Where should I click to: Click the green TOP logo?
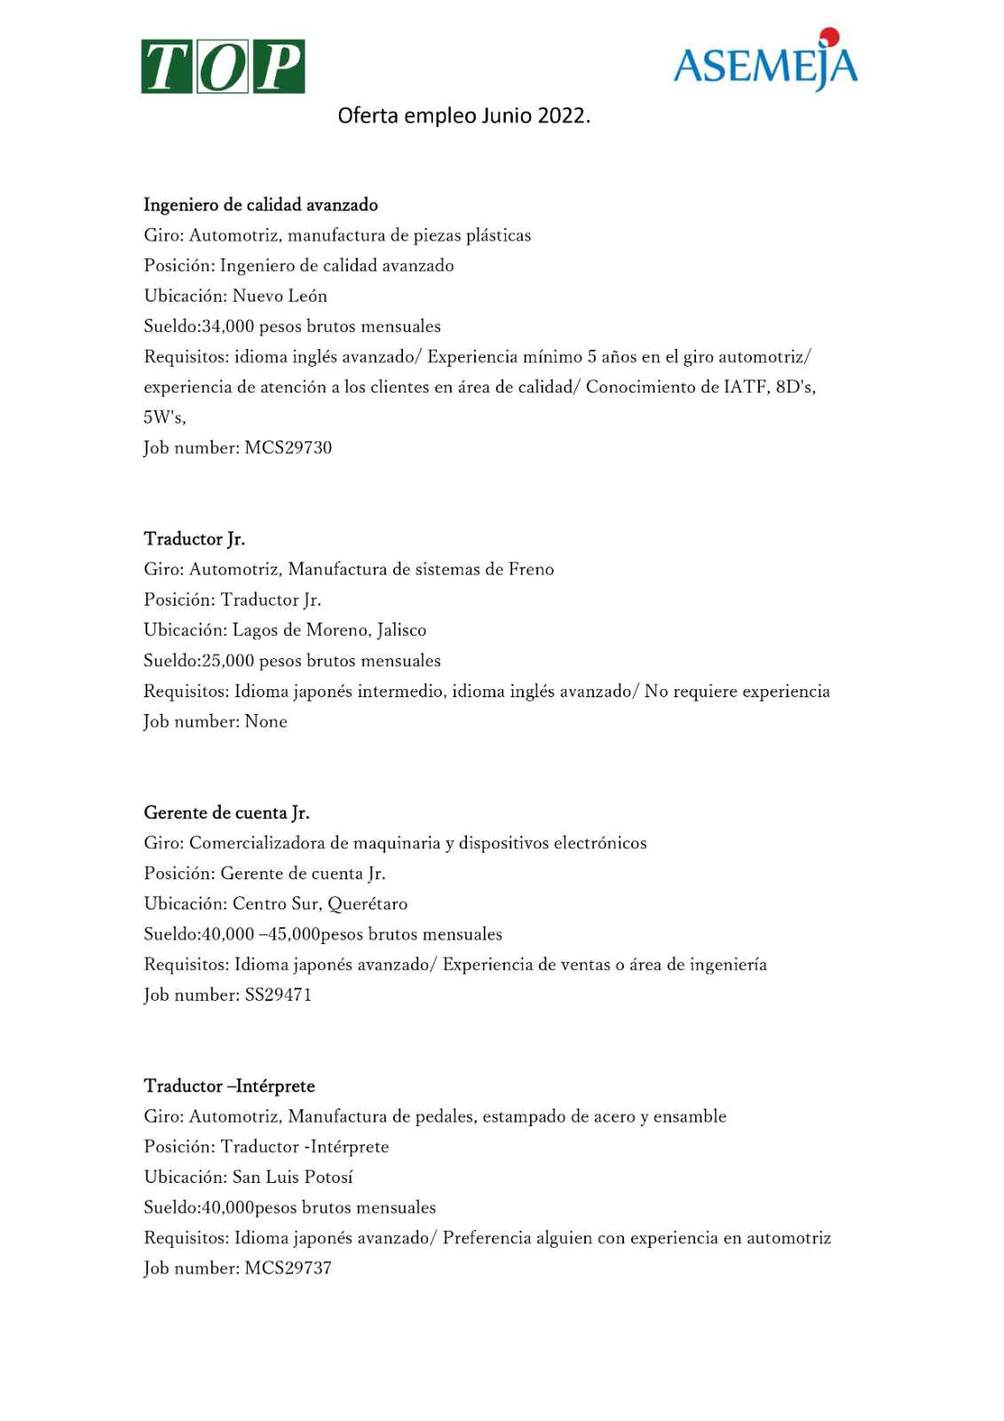[x=223, y=67]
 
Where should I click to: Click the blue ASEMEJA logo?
[x=765, y=62]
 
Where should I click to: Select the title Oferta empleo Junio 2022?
[x=463, y=115]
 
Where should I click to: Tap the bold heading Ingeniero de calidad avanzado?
[x=261, y=205]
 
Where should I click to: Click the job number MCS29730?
[x=289, y=448]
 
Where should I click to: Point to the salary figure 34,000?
[x=229, y=327]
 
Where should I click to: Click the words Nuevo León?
[x=280, y=296]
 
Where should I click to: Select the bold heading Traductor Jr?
[x=194, y=539]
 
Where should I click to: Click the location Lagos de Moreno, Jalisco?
[x=329, y=631]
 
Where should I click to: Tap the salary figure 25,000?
[x=229, y=661]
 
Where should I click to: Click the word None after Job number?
[x=266, y=722]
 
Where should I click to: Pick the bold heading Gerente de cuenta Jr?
[x=226, y=813]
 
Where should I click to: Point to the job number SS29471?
[x=278, y=996]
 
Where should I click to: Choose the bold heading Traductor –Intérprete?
[x=229, y=1086]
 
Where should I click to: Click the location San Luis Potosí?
[x=293, y=1178]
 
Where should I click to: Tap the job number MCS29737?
[x=289, y=1268]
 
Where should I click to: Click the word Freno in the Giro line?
[x=531, y=569]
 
